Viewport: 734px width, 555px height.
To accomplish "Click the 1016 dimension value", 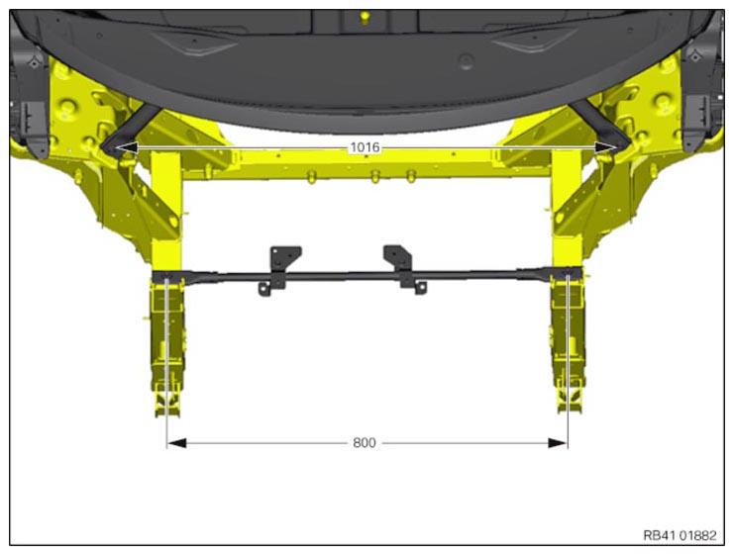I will pos(365,147).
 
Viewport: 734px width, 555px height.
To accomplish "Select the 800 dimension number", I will pos(365,443).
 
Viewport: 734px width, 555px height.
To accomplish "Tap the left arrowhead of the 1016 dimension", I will pos(122,147).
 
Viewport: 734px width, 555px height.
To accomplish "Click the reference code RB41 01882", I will pos(679,535).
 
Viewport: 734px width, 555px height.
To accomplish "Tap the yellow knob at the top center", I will pos(366,17).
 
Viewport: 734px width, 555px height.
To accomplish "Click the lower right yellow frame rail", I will pos(567,346).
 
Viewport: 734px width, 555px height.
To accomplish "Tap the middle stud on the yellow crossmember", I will pos(374,176).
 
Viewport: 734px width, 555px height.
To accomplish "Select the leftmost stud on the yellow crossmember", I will pos(313,176).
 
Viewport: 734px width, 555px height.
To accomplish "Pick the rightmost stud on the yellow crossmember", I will pos(411,176).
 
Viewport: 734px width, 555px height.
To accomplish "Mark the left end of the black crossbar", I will pos(164,276).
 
